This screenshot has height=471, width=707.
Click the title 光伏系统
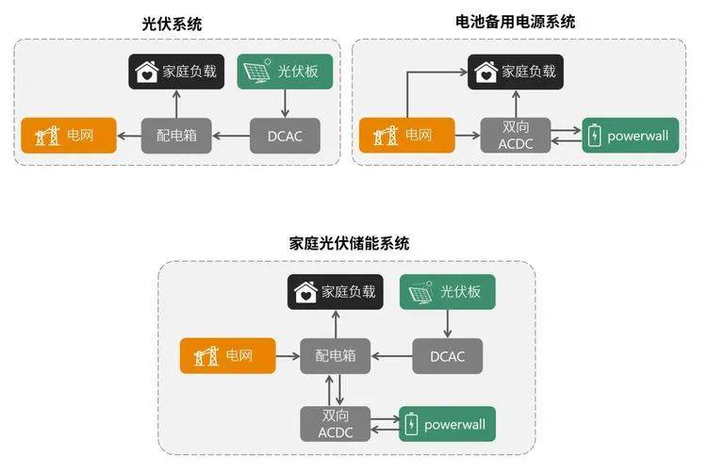click(x=172, y=24)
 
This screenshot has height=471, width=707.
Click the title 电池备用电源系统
click(x=516, y=21)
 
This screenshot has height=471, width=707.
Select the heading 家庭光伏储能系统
click(x=350, y=243)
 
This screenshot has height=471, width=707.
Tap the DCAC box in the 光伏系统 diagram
click(x=285, y=136)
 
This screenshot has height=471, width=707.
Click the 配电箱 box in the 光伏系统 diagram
click(x=176, y=136)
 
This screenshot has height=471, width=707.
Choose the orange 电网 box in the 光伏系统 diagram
click(x=69, y=136)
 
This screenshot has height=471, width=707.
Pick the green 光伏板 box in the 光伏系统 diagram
click(x=285, y=72)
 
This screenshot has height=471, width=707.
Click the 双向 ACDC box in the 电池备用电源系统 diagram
click(x=516, y=136)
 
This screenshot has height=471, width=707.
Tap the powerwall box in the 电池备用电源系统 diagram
click(x=631, y=136)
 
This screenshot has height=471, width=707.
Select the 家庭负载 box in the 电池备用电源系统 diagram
click(x=516, y=72)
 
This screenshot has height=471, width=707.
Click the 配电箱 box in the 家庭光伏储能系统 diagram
click(x=336, y=356)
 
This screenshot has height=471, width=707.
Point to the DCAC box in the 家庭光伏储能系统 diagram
click(x=447, y=356)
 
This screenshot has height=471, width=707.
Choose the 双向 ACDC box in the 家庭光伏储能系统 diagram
click(x=336, y=424)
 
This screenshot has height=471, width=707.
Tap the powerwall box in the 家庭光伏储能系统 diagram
click(x=447, y=424)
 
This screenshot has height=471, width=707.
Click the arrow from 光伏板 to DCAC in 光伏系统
click(x=285, y=104)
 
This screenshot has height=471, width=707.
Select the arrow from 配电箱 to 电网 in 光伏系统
click(x=129, y=136)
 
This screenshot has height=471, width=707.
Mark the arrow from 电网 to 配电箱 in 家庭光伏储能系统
click(x=288, y=356)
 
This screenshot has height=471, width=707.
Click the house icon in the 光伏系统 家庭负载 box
click(x=146, y=72)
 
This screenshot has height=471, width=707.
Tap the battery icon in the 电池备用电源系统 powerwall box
click(x=594, y=136)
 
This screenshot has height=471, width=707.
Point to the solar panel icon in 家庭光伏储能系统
click(x=420, y=292)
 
